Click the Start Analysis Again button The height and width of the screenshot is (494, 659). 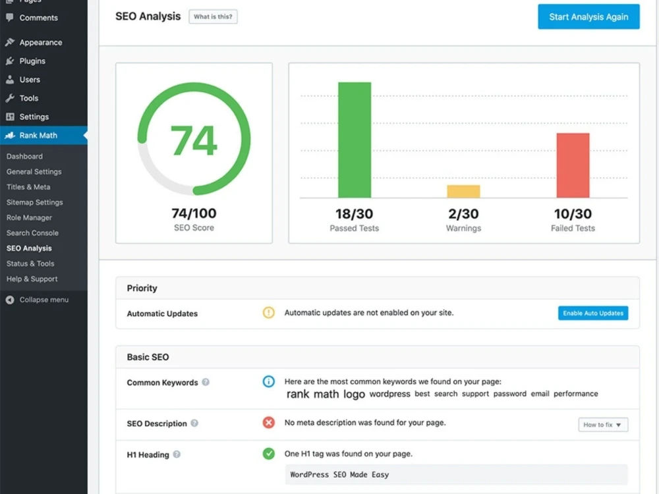coord(588,17)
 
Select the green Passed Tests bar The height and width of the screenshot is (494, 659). coord(355,140)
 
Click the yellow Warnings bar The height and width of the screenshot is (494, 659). coord(463,191)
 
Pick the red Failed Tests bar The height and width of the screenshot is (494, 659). coord(573,165)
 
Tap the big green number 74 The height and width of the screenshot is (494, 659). coord(194,140)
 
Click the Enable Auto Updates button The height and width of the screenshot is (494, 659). coord(593,313)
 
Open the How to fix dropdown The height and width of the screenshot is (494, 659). coord(603,425)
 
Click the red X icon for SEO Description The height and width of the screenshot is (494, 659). coord(269,423)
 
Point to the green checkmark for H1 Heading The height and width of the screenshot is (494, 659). coord(269,454)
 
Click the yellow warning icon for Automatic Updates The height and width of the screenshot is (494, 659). coord(269,312)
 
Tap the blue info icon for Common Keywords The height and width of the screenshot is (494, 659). coord(269,381)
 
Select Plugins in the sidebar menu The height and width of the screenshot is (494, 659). coord(32,61)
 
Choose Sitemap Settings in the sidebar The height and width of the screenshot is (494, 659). coord(34,202)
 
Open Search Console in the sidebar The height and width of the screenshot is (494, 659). coord(32,233)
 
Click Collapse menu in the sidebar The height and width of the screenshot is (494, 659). coord(43,300)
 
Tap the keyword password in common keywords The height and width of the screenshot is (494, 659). coord(510,394)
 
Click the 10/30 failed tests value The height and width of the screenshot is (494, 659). coord(573,214)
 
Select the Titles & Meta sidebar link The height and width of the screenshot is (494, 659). coord(28,187)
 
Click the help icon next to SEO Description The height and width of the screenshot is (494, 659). coord(194,423)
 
